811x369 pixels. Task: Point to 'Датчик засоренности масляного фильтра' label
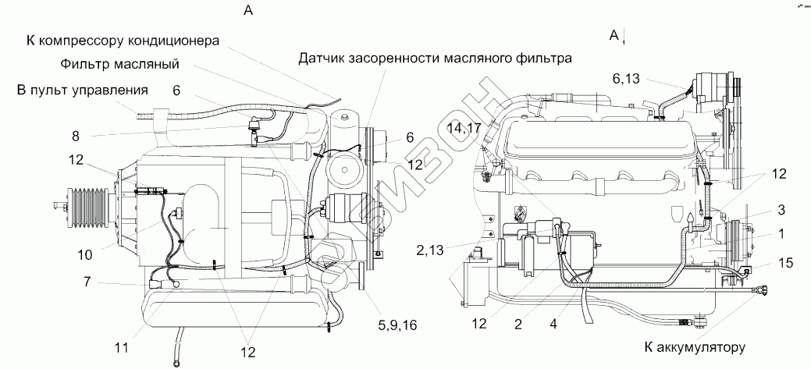click(x=436, y=58)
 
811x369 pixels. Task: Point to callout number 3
click(x=780, y=209)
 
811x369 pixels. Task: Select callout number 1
click(x=780, y=232)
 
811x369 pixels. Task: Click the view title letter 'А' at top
click(x=249, y=10)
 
